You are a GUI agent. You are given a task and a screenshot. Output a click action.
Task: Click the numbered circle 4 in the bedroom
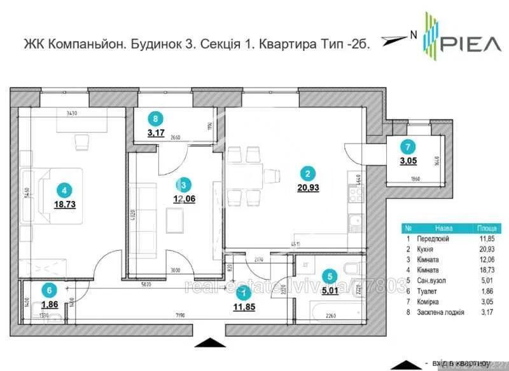click(62, 189)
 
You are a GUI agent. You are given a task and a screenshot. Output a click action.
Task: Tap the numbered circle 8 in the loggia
click(153, 118)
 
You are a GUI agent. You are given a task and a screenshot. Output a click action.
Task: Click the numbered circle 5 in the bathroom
click(328, 276)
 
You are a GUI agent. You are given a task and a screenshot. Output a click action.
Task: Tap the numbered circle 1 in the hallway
click(241, 292)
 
